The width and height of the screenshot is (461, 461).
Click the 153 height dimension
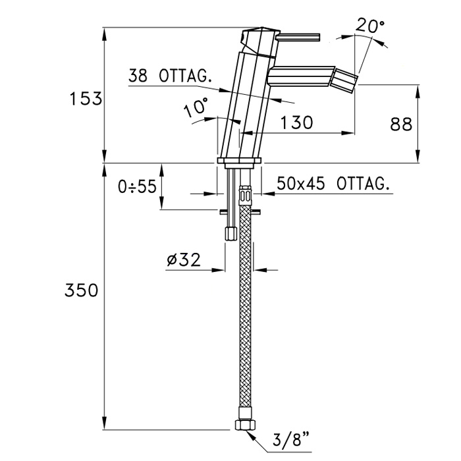[86, 99]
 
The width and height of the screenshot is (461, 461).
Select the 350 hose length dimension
[82, 290]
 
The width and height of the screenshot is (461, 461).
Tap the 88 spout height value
[401, 124]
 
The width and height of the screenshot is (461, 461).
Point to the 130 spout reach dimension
[296, 122]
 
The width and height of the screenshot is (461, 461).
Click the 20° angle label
[370, 26]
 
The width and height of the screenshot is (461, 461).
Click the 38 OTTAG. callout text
[171, 76]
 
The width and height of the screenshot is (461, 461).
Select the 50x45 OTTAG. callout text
[333, 184]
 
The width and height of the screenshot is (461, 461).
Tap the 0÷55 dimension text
[137, 186]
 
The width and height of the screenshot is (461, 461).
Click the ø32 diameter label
[184, 259]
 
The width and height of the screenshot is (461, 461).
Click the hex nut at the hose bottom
[246, 425]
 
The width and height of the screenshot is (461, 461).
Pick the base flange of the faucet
[239, 161]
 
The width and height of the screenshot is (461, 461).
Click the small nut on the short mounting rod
[230, 234]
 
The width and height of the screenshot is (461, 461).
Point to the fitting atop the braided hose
[246, 195]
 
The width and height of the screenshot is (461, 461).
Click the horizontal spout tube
[302, 76]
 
